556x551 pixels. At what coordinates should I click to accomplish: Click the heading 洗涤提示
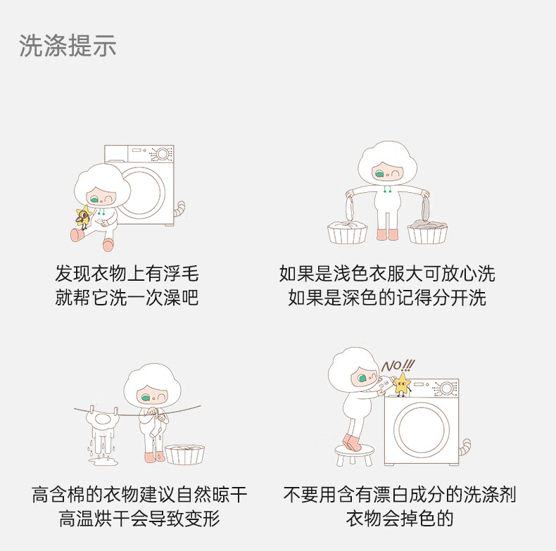coord(68,46)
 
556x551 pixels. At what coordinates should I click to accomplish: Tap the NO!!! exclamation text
coord(398,365)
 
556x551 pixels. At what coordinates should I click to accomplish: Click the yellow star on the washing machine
coord(403,384)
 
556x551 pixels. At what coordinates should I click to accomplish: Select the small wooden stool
coord(354,455)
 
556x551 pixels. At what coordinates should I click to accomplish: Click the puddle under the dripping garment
coord(103,461)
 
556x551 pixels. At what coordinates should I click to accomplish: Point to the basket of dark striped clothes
coord(427,232)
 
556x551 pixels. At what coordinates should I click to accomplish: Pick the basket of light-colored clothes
coord(347,232)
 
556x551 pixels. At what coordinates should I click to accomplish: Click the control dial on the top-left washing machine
coord(163,154)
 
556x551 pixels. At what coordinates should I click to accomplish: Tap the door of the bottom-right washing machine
coord(421,429)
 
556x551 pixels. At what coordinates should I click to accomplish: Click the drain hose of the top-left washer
coord(179,209)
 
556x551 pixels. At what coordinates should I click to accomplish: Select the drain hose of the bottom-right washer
coord(465,448)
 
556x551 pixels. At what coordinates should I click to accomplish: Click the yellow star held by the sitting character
coord(84,215)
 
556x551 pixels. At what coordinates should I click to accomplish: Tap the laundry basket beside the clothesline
coord(184,454)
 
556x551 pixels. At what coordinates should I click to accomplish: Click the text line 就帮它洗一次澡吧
coord(127,297)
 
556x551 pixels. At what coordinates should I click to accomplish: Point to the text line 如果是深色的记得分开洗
coord(387,297)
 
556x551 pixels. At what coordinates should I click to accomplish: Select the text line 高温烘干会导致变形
coord(139,518)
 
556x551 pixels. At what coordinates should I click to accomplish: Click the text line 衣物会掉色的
coord(400,518)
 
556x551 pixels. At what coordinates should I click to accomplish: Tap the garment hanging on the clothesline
coord(103,429)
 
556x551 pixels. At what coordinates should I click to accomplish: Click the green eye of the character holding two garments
coord(379,174)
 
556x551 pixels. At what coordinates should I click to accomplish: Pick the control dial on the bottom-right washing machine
coord(446,389)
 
